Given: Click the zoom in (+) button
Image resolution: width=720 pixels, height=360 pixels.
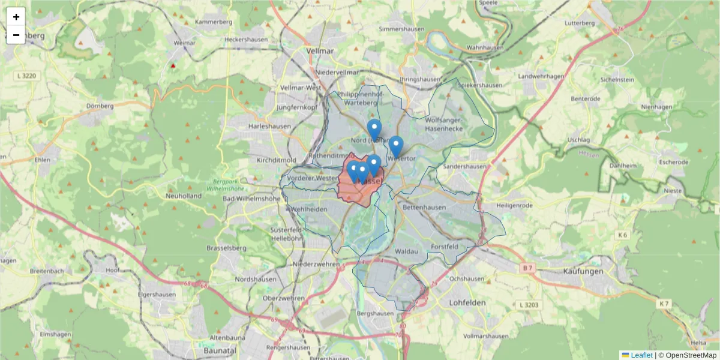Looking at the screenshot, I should point(16,17).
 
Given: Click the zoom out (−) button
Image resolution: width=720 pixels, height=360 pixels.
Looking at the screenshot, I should point(16,35).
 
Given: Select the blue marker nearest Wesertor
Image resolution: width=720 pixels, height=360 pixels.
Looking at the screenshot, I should point(396,146).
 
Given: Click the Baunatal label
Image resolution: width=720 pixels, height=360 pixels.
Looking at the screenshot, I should point(220,349).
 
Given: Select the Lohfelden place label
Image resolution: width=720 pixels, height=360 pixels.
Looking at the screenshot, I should point(467,303).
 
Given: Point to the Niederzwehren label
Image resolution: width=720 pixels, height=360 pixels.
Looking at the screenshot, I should point(316,264).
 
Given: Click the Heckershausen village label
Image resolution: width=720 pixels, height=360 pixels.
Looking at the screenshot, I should point(244,40).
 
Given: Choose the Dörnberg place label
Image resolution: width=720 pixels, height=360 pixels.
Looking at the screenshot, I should point(100,106).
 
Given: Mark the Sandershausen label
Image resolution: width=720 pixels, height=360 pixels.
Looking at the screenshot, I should point(466,166).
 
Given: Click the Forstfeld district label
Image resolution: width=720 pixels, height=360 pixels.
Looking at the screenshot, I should point(445,247).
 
